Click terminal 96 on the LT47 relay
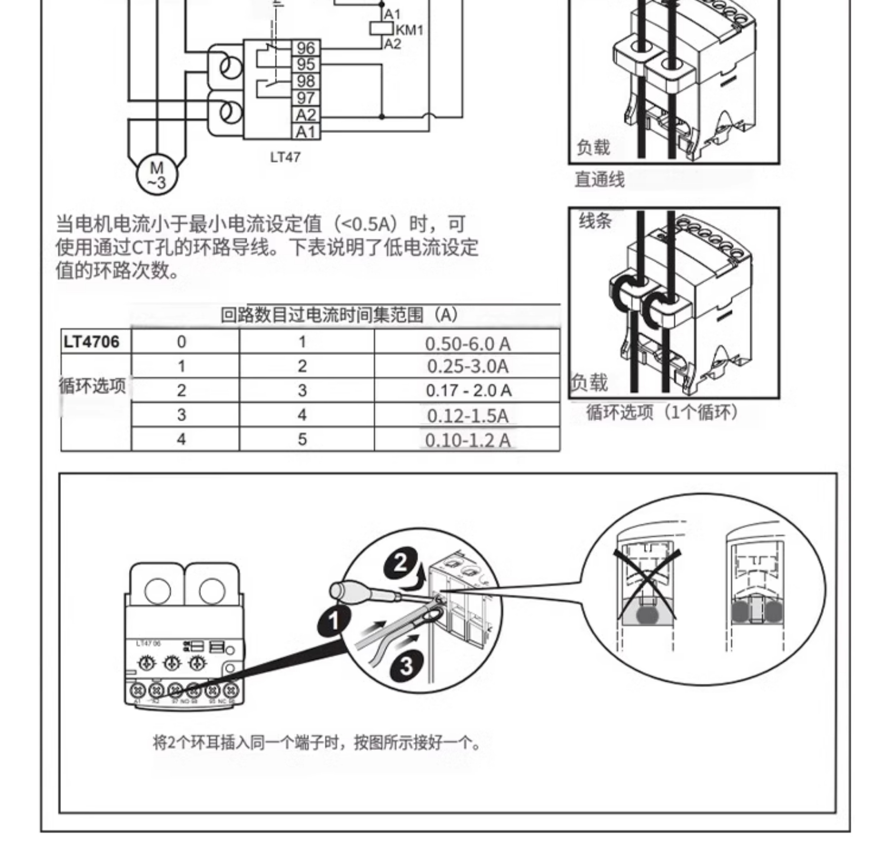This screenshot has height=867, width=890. point(306,48)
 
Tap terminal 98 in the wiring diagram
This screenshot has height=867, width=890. point(306,81)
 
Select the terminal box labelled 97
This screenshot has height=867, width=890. point(306,98)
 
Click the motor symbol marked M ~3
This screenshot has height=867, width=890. point(157,175)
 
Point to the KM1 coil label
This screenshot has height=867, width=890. point(409,30)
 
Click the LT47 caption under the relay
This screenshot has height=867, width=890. point(285,157)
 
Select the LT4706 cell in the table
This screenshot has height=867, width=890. point(92,342)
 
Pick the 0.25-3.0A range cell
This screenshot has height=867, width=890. point(467,366)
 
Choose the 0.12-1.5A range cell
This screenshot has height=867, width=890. point(467,415)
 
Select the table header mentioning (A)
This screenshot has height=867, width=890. point(339,315)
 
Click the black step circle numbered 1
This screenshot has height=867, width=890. point(334,621)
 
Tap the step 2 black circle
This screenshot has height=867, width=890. point(400,564)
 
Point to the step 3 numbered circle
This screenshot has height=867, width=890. point(406,666)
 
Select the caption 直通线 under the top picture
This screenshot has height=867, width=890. point(599,179)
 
